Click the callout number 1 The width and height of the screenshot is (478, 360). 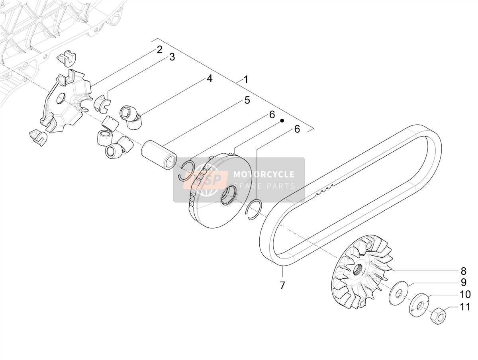point(246,80)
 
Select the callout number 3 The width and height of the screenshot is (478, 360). point(172,57)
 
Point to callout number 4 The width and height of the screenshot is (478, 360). point(209,78)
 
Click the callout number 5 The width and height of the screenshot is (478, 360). point(247,100)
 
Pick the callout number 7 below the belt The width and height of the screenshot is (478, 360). point(282,285)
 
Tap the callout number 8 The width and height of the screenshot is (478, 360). point(463,271)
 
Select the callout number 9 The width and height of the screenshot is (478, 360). point(464,282)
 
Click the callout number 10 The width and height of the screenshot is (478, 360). point(465,294)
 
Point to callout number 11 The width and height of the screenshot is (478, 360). point(465,307)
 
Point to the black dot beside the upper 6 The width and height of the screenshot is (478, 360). point(282,120)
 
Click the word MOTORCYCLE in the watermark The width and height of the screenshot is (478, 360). point(264,174)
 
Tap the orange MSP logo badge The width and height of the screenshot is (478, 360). point(206,180)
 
